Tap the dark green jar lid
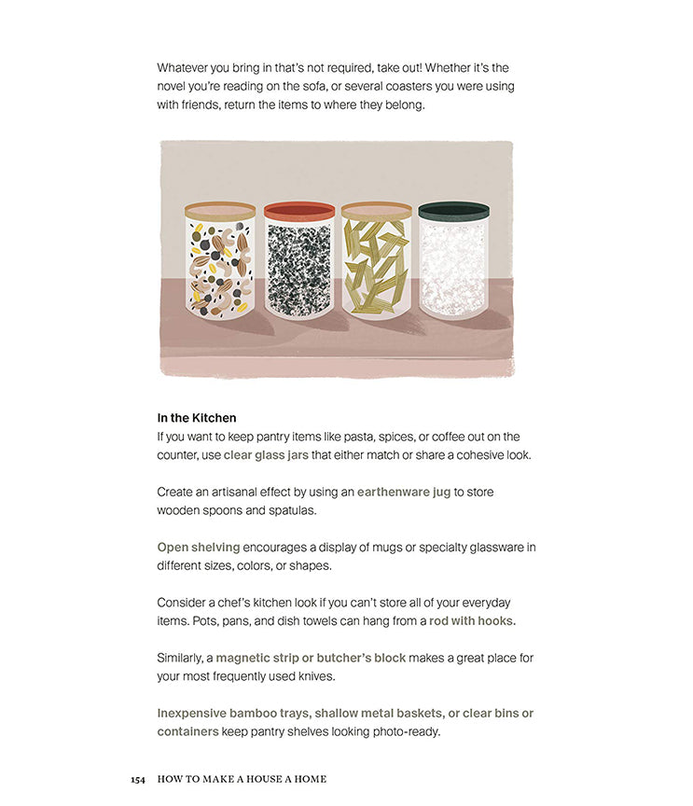pyautogui.click(x=453, y=211)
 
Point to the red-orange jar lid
pyautogui.click(x=298, y=211)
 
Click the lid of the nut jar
pyautogui.click(x=220, y=211)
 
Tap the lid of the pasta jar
pyautogui.click(x=376, y=211)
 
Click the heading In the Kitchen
pyautogui.click(x=197, y=418)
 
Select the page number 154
pyautogui.click(x=138, y=779)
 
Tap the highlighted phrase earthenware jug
pyautogui.click(x=404, y=492)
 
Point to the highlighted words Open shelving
pyautogui.click(x=199, y=548)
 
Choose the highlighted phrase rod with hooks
pyautogui.click(x=472, y=621)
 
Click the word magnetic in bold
pyautogui.click(x=244, y=658)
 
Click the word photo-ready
pyautogui.click(x=404, y=731)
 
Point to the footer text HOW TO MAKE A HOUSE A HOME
pyautogui.click(x=242, y=779)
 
